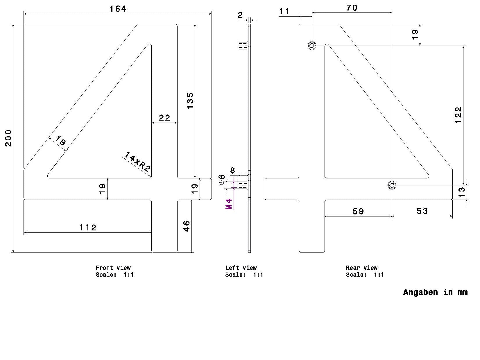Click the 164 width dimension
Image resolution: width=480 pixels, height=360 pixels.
click(x=118, y=9)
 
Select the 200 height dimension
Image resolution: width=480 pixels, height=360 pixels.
click(x=8, y=138)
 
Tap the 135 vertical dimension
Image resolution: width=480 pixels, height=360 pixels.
click(x=190, y=101)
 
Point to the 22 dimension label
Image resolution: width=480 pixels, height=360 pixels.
click(x=164, y=118)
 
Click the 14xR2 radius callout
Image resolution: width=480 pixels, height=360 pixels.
click(x=137, y=162)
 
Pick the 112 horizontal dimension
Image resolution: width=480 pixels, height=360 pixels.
click(x=88, y=228)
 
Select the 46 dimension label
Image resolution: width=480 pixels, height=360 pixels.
click(x=186, y=226)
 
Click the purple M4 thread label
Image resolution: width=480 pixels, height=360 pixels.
click(x=229, y=204)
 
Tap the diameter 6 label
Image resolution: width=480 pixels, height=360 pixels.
click(x=222, y=179)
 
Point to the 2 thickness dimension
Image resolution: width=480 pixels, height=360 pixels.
click(x=240, y=15)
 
